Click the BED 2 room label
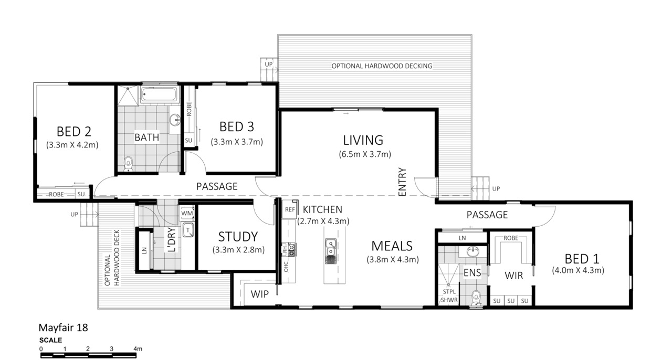[x=74, y=131]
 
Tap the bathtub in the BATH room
[x=159, y=94]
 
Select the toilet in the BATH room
[x=129, y=164]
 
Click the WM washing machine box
[x=187, y=213]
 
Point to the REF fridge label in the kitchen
[x=290, y=210]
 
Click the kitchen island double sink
[x=330, y=251]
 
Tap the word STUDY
[x=238, y=237]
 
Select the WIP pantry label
[x=259, y=294]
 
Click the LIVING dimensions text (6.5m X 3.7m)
[x=365, y=154]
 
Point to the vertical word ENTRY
[x=402, y=182]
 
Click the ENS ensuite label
[x=472, y=273]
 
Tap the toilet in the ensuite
[x=476, y=299]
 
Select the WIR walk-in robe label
[x=513, y=276]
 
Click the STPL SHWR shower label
[x=449, y=296]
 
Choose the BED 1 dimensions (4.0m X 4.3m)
[x=578, y=270]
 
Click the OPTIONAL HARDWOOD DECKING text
[x=382, y=66]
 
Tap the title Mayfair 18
[x=64, y=327]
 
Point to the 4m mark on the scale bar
[x=138, y=349]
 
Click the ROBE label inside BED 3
[x=188, y=109]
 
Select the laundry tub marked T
[x=188, y=230]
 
